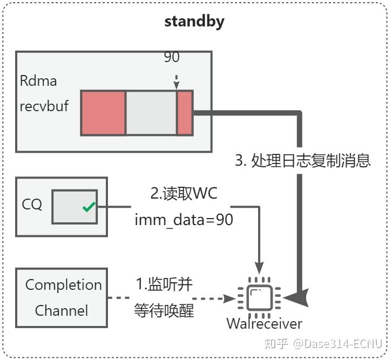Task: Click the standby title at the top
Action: click(194, 22)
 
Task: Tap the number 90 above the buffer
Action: click(172, 57)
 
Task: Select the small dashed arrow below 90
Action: click(177, 81)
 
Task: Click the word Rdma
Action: click(38, 81)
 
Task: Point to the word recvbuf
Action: click(44, 106)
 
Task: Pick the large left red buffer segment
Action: click(104, 113)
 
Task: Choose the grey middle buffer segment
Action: click(151, 113)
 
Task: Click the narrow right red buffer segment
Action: click(185, 113)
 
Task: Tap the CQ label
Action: click(32, 205)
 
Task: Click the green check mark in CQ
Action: click(89, 207)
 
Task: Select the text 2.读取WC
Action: click(184, 193)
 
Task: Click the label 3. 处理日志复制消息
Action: click(303, 161)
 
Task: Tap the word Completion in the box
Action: click(64, 285)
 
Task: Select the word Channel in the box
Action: click(62, 310)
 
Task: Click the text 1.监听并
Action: click(164, 284)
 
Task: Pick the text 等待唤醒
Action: click(164, 311)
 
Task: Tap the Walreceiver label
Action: click(264, 324)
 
